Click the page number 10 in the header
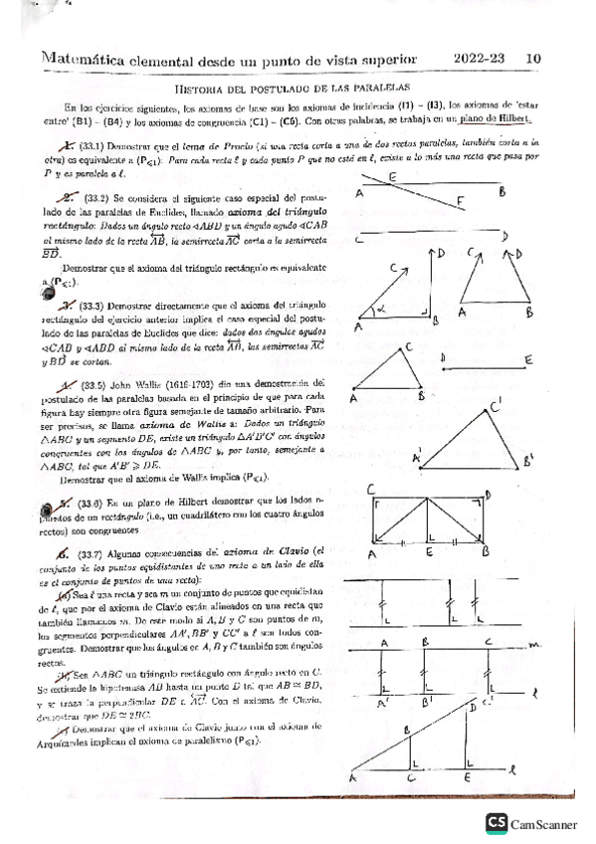pos(533,59)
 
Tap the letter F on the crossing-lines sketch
pos(459,200)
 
